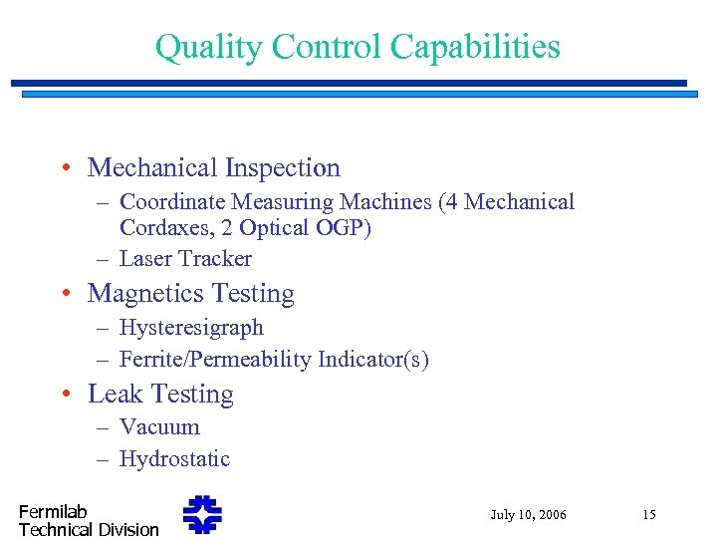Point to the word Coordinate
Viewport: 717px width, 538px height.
pyautogui.click(x=174, y=202)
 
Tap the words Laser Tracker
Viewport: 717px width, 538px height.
pyautogui.click(x=185, y=259)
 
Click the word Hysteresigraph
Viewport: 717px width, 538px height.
pyautogui.click(x=191, y=328)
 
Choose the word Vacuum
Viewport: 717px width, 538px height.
pyautogui.click(x=159, y=427)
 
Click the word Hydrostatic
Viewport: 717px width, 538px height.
pyautogui.click(x=174, y=459)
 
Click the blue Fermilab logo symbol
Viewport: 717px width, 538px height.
pyautogui.click(x=202, y=515)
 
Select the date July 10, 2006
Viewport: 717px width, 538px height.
pyautogui.click(x=528, y=515)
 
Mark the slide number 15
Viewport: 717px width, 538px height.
pyautogui.click(x=648, y=515)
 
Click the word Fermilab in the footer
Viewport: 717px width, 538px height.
pyautogui.click(x=53, y=512)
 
